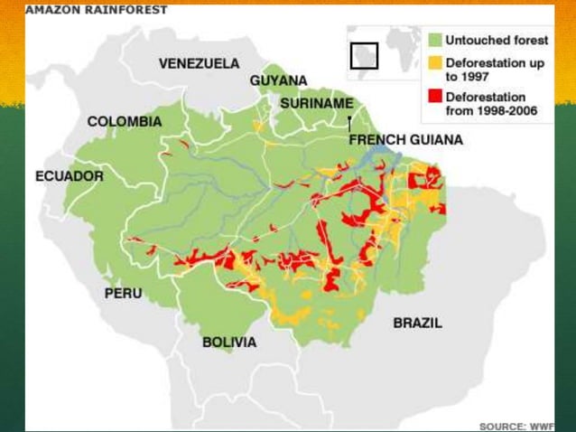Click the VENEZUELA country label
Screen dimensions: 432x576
pos(199,64)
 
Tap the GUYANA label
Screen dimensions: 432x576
pos(278,80)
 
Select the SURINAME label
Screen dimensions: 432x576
pos(316,104)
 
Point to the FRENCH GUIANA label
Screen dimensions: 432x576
pos(405,140)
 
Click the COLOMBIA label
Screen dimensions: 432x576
pos(125,121)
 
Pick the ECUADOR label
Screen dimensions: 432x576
pos(69,176)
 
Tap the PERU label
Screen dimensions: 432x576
pos(123,293)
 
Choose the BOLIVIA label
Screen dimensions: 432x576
pos(228,343)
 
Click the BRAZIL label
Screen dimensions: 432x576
pos(417,323)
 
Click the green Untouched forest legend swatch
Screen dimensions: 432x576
pos(434,41)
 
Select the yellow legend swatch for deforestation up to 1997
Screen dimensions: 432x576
pos(434,63)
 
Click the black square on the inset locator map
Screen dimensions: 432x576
pos(364,54)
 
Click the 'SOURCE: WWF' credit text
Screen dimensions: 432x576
pos(516,425)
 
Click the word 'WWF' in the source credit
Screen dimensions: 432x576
pos(541,425)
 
